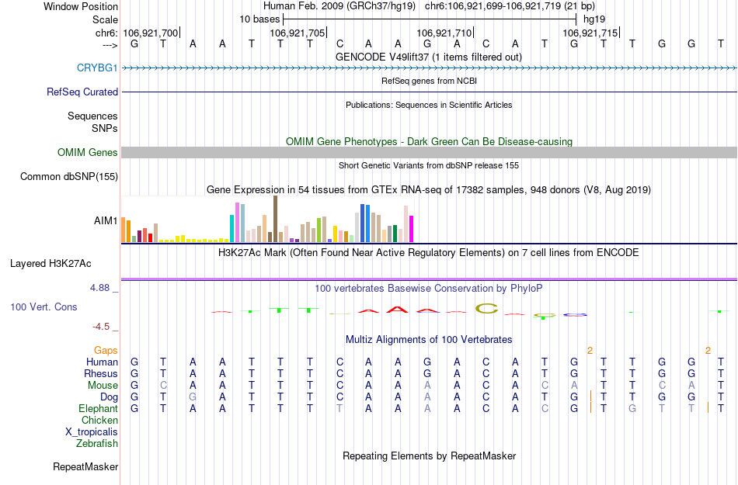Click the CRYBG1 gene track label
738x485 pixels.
coord(97,68)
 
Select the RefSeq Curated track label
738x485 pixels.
coord(82,92)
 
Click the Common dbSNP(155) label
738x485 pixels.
coord(69,177)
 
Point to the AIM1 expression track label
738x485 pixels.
coord(106,221)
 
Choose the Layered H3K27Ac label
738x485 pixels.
coord(64,263)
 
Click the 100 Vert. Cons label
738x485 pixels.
coord(44,307)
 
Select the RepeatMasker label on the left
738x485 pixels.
coord(85,467)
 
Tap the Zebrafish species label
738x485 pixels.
coord(97,444)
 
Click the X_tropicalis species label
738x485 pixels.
coord(92,432)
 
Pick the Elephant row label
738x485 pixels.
coord(98,409)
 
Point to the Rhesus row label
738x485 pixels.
coord(101,374)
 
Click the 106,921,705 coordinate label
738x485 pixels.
coord(297,33)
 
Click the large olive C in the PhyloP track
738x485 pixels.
coord(486,309)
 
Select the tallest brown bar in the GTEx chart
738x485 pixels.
coord(275,219)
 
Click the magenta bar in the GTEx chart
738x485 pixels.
coord(412,229)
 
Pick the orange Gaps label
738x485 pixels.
coord(106,351)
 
